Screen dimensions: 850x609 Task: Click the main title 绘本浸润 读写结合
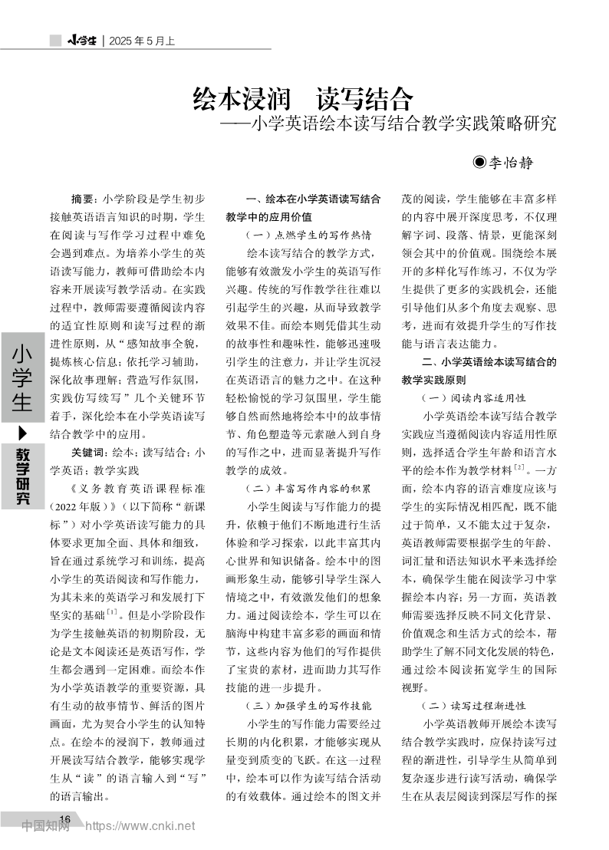tap(303, 99)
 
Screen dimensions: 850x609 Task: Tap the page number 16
tap(64, 820)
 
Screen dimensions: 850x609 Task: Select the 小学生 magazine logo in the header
tap(81, 41)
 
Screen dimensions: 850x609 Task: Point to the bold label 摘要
tap(83, 198)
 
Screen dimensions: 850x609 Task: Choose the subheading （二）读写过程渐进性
tap(473, 704)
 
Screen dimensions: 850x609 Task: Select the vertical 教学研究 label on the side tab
tap(22, 475)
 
